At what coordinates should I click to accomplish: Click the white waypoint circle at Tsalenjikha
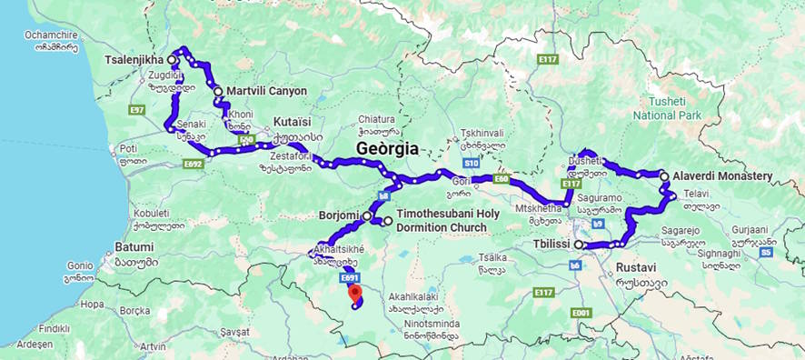point(172,60)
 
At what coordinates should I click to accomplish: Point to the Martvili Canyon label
point(266,91)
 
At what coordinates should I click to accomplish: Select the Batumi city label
point(134,247)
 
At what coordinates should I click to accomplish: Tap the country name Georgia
point(388,148)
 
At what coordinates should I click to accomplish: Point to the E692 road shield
point(193,164)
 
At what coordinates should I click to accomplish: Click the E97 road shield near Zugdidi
point(137,109)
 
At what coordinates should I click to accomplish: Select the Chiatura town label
point(376,118)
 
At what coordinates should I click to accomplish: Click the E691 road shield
point(351,278)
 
